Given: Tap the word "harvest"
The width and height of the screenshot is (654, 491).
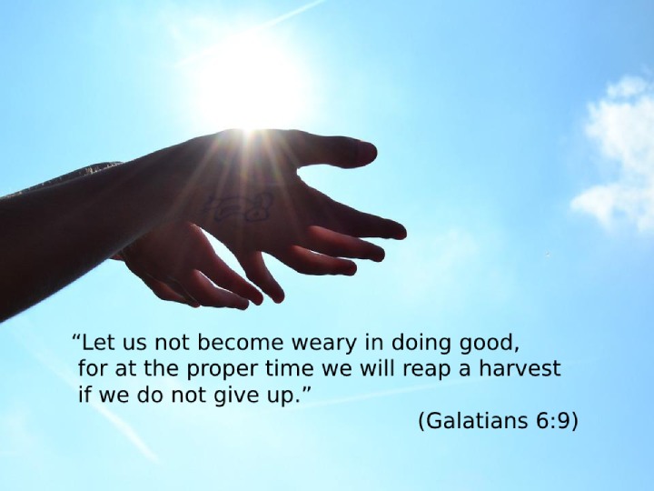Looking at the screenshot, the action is point(520,368).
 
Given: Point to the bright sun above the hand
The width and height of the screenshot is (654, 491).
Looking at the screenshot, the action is point(253,84).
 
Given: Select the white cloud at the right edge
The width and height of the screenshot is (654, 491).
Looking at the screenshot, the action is point(618,155).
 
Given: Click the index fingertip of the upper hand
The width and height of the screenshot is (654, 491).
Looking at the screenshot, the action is point(397,230).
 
